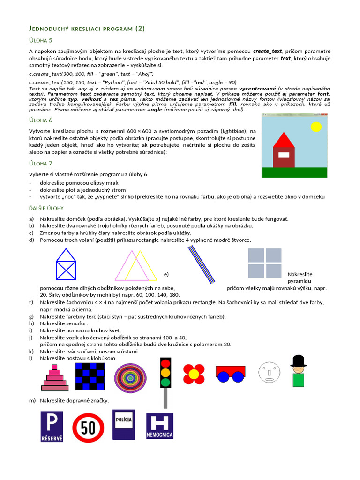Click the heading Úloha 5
[40, 40]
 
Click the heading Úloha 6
[40, 120]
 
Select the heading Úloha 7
[40, 163]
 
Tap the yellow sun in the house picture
[316, 126]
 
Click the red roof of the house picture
[284, 140]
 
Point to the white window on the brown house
[284, 155]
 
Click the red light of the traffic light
[165, 363]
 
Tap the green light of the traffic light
[165, 382]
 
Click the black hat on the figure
[298, 361]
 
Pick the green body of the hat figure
[298, 380]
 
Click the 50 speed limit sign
[88, 427]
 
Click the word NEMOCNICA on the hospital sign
[160, 435]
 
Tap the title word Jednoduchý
[53, 29]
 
